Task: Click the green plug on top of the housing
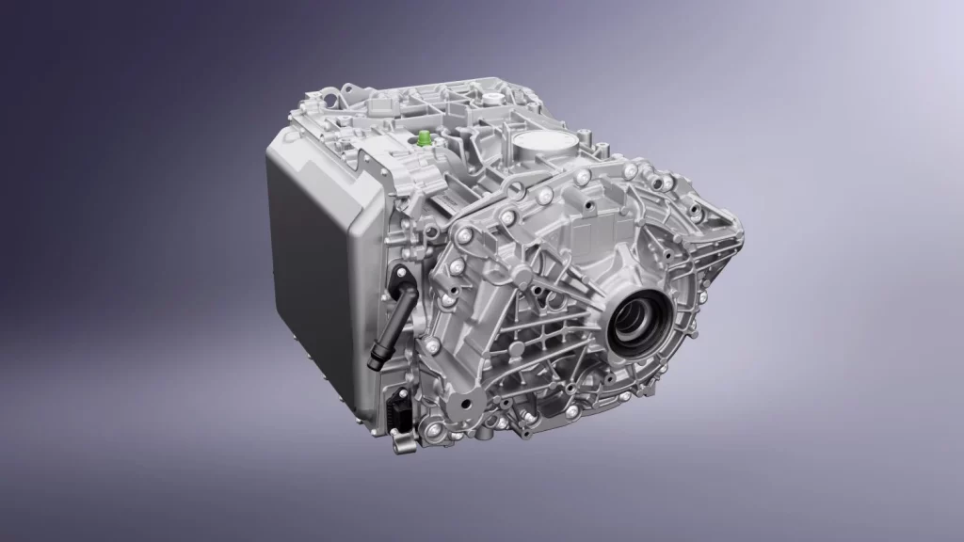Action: pos(426,139)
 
